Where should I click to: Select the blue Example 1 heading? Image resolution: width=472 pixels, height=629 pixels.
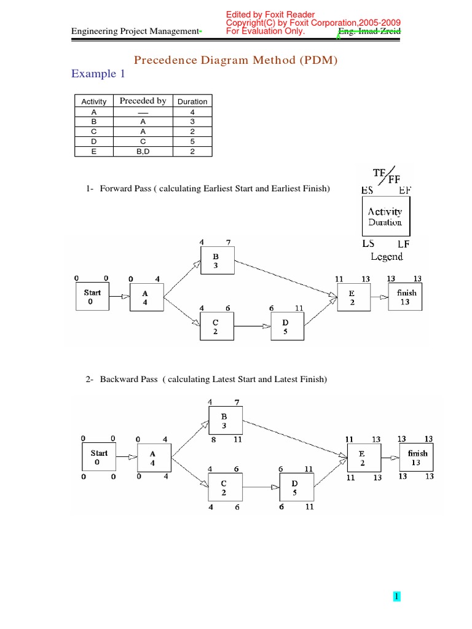tap(93, 74)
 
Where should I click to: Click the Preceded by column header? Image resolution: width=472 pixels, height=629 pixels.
tap(143, 101)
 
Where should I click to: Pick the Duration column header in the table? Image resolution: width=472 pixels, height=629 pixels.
tap(192, 101)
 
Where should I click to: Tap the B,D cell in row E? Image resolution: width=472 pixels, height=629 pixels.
tap(143, 151)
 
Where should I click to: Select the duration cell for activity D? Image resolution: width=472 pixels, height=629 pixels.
tap(192, 141)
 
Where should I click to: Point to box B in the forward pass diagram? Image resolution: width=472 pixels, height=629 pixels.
tap(216, 260)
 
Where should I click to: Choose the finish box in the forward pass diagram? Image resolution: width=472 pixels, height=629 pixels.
tap(406, 297)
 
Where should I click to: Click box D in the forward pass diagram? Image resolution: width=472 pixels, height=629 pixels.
tap(286, 326)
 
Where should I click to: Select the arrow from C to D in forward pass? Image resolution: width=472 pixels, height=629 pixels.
tap(252, 326)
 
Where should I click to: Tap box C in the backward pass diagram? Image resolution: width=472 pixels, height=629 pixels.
tap(224, 488)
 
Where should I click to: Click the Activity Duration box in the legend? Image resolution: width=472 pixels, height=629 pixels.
tap(385, 217)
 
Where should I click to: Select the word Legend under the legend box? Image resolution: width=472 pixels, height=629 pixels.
tap(387, 257)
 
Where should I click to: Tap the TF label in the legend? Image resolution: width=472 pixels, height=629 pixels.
tap(381, 172)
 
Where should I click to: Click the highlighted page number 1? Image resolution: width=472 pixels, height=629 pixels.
tap(397, 596)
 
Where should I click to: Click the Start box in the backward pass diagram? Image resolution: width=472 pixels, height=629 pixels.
tap(99, 458)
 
